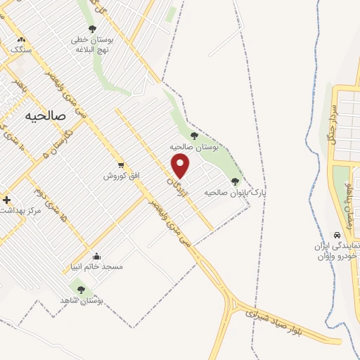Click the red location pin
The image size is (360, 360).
[x=181, y=165]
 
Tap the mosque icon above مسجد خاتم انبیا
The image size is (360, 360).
[x=96, y=256]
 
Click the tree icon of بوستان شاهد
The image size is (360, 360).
[x=81, y=289]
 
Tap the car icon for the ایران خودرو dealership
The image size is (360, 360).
[x=336, y=236]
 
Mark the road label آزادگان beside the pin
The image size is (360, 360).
[x=175, y=188]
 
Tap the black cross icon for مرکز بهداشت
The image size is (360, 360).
[x=6, y=200]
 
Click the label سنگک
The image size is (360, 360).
[x=21, y=51]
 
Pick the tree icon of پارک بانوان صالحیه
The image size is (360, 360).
[x=235, y=181]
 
